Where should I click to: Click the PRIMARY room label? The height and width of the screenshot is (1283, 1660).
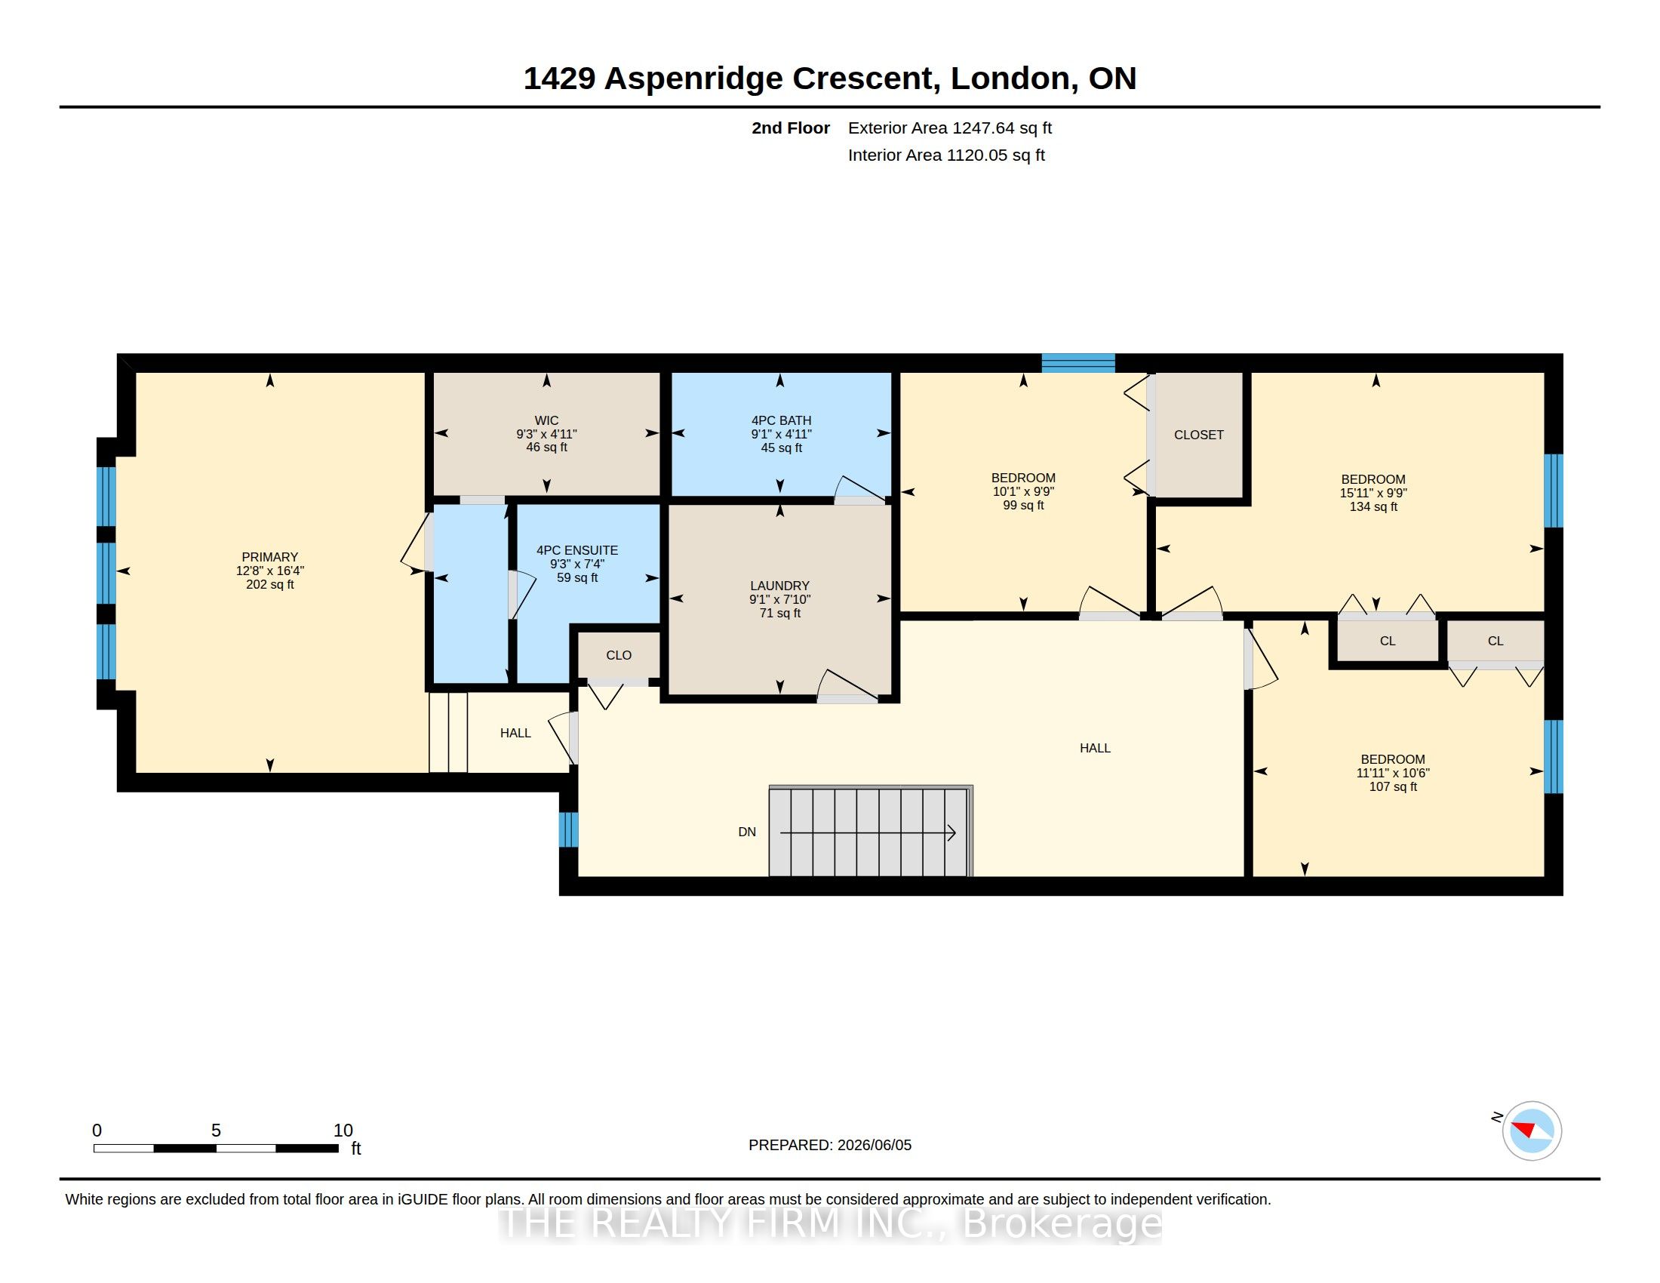270,557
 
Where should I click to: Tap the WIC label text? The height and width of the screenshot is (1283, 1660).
546,420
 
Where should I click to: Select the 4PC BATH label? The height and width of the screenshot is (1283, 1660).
782,420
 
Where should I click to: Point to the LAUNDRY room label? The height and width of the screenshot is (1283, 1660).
780,585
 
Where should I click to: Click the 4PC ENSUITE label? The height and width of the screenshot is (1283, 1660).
577,550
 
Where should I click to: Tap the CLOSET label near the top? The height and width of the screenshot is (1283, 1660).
1199,435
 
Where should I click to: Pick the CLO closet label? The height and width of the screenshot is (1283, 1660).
619,655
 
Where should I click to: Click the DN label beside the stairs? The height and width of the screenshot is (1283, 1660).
747,832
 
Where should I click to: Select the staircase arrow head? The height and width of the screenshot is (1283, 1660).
951,833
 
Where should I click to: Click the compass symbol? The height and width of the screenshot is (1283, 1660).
1532,1131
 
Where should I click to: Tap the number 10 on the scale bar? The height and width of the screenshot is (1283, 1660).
343,1131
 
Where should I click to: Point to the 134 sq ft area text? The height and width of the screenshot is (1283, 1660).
1373,507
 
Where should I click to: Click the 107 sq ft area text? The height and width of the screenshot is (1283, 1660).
1393,786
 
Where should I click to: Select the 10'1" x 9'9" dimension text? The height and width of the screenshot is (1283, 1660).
1023,492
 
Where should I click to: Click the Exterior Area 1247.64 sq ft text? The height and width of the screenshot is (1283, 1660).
950,128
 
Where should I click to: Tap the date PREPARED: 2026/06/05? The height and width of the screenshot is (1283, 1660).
830,1145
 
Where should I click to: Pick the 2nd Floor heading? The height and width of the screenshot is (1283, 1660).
791,128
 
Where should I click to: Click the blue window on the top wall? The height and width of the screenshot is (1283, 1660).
1077,363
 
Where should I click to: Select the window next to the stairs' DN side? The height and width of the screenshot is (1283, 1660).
568,829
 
